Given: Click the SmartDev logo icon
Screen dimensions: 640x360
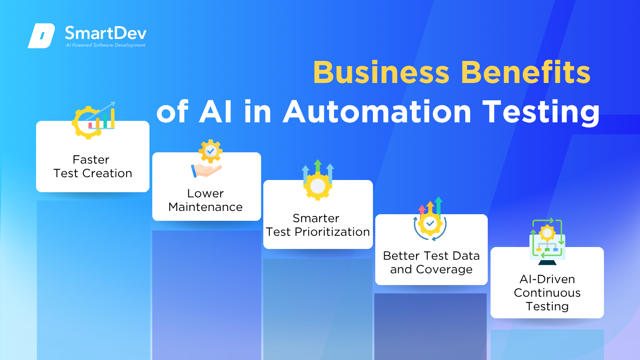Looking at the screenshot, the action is [x=41, y=36].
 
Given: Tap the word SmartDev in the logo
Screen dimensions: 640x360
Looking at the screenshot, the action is [x=106, y=33].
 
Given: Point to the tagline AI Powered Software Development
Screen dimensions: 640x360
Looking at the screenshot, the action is [x=106, y=45].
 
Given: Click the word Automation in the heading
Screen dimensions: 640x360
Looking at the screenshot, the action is [x=377, y=112].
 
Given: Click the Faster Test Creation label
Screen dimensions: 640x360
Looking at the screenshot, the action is [x=93, y=166].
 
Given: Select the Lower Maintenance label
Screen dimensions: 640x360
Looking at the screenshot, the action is [x=205, y=200].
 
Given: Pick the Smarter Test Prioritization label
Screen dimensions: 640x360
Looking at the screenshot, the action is [x=318, y=225].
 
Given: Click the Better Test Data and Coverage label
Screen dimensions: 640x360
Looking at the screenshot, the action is [x=431, y=262].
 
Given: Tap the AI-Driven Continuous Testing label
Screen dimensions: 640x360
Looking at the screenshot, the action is [x=547, y=292].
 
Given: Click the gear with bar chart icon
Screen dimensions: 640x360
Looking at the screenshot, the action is [x=94, y=120].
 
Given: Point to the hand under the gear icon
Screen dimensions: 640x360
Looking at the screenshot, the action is [x=206, y=171].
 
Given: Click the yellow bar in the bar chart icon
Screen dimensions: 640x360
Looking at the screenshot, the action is [x=113, y=118].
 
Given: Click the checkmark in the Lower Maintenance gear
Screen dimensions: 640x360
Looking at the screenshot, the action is [x=210, y=150].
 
